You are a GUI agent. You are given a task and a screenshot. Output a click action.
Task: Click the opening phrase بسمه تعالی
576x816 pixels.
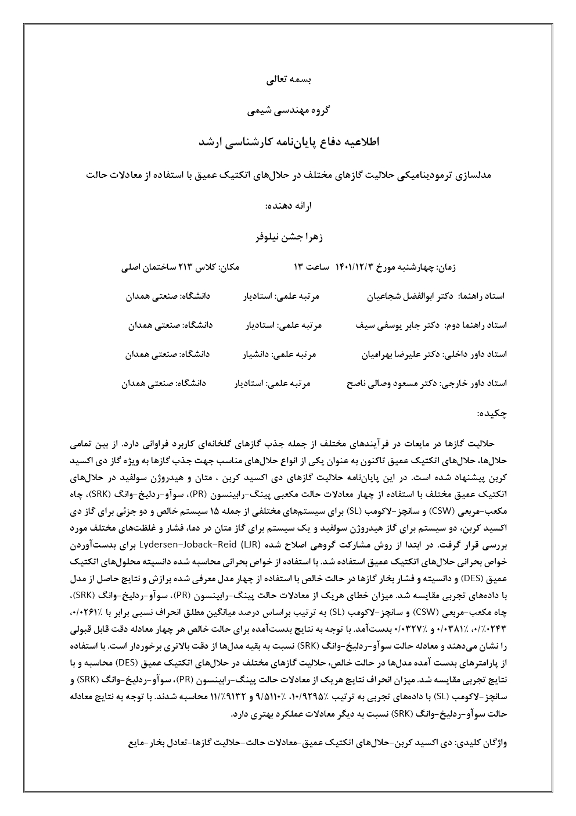(x=289, y=81)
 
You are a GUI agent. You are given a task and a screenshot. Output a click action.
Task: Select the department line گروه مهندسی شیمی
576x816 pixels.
(x=288, y=110)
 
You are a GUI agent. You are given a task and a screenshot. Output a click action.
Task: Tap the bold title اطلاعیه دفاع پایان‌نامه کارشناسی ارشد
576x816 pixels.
(x=289, y=141)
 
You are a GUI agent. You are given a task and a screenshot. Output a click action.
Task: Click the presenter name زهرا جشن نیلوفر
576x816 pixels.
(x=289, y=237)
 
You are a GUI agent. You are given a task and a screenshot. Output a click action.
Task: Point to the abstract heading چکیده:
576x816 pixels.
(x=492, y=413)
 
